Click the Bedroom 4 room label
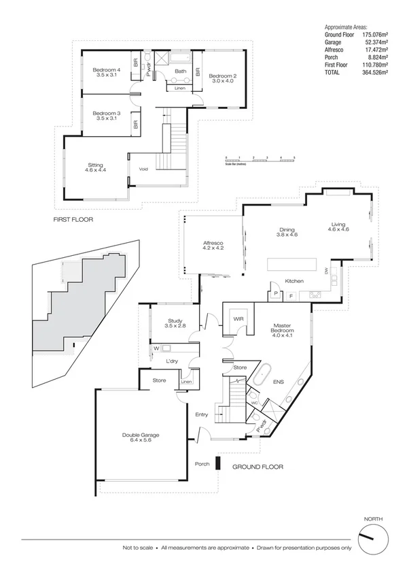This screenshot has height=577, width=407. tap(107, 71)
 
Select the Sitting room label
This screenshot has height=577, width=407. tap(100, 168)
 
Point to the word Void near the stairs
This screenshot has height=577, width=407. tap(143, 169)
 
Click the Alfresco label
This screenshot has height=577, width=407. tap(213, 246)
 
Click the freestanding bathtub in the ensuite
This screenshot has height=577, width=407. tap(263, 376)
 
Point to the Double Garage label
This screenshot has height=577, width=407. tap(141, 438)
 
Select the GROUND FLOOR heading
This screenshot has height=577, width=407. tap(258, 467)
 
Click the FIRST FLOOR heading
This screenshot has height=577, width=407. tap(73, 220)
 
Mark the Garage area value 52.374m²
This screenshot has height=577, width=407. tap(374, 42)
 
